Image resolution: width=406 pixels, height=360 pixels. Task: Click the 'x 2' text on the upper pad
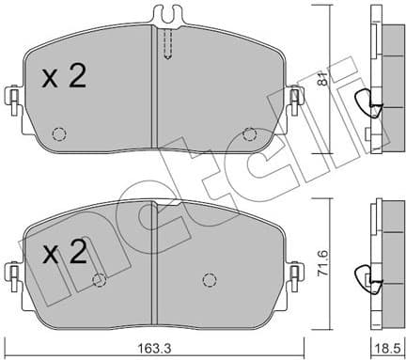click(64, 76)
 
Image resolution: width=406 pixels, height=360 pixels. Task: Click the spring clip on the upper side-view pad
click(369, 105)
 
